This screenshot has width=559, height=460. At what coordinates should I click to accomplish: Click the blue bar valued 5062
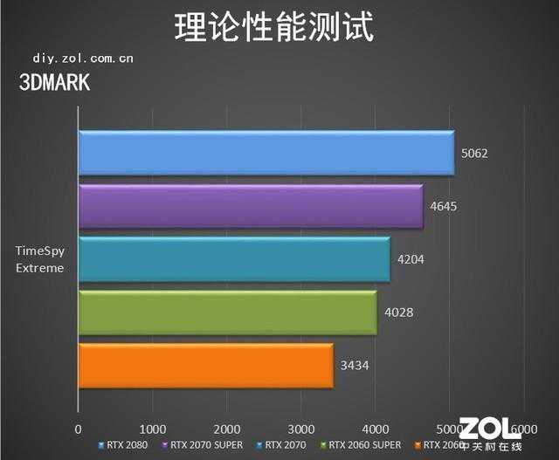(266, 153)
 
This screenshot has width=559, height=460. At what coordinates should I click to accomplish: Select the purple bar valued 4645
(251, 206)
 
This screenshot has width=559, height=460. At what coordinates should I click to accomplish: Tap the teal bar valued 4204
(234, 259)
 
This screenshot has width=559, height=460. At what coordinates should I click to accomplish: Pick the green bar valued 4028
(227, 312)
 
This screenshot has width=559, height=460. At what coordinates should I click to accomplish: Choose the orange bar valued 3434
(205, 365)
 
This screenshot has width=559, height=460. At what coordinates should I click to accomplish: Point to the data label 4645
(444, 207)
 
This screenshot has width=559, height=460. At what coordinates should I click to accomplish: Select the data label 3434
(355, 365)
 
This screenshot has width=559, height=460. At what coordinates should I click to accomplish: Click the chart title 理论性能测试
(274, 27)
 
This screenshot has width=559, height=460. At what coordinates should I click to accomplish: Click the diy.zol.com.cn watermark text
(83, 58)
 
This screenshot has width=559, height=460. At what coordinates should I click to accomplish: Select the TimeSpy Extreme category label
(40, 259)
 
